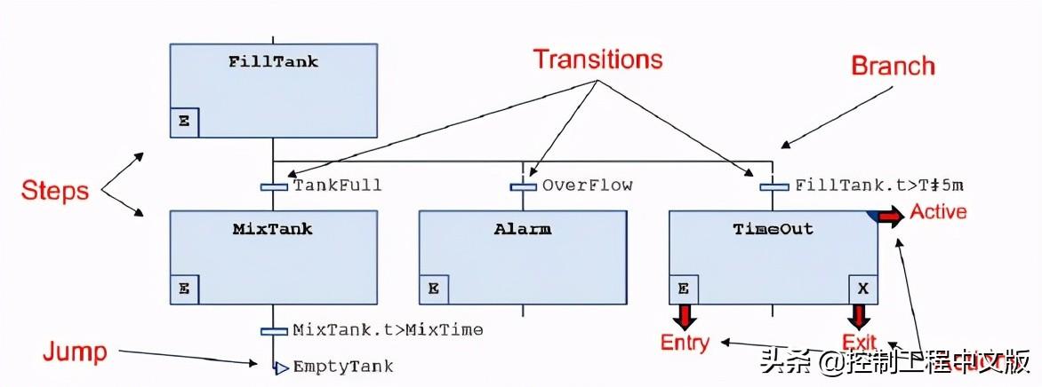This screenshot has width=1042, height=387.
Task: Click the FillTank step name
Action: (273, 62)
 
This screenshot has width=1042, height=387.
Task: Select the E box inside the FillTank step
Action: (184, 122)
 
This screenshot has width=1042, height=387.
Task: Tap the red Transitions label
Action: (597, 59)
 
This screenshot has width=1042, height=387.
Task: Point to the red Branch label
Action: (893, 66)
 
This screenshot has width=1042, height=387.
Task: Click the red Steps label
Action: (56, 190)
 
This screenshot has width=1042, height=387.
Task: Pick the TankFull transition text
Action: (337, 186)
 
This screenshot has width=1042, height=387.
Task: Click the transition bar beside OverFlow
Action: (523, 186)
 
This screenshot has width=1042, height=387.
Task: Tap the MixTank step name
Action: (273, 229)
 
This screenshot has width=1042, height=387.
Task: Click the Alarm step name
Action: (523, 229)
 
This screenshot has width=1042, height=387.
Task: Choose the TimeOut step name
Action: (773, 229)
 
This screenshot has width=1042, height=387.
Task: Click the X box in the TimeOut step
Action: (862, 288)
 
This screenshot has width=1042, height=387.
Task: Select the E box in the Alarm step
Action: (434, 288)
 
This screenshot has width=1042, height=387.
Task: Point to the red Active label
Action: (938, 212)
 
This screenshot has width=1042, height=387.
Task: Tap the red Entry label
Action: (685, 343)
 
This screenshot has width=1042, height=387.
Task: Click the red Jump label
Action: (75, 352)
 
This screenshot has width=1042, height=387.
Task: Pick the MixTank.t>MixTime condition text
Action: (388, 330)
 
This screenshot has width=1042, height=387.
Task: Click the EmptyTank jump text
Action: (342, 366)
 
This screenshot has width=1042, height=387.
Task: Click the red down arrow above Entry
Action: (685, 316)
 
